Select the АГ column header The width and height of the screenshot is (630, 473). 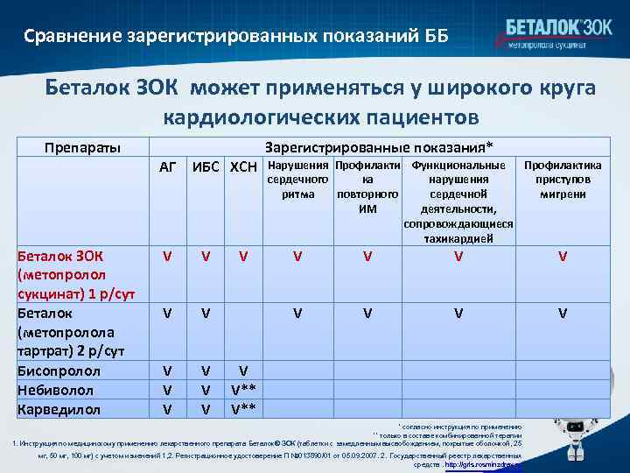click(168, 166)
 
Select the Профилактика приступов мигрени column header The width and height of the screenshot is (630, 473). click(563, 180)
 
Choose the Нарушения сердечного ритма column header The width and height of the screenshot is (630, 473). click(298, 180)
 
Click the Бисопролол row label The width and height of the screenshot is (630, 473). click(53, 371)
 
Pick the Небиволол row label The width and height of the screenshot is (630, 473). click(52, 390)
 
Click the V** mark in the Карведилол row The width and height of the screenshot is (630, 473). click(243, 409)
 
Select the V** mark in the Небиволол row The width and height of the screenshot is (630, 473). click(243, 390)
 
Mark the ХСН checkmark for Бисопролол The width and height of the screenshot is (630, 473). click(243, 371)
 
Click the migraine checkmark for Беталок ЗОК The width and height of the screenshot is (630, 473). click(563, 257)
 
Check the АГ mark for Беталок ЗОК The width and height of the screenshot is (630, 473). click(168, 257)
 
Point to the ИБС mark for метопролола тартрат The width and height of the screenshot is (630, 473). click(205, 313)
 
